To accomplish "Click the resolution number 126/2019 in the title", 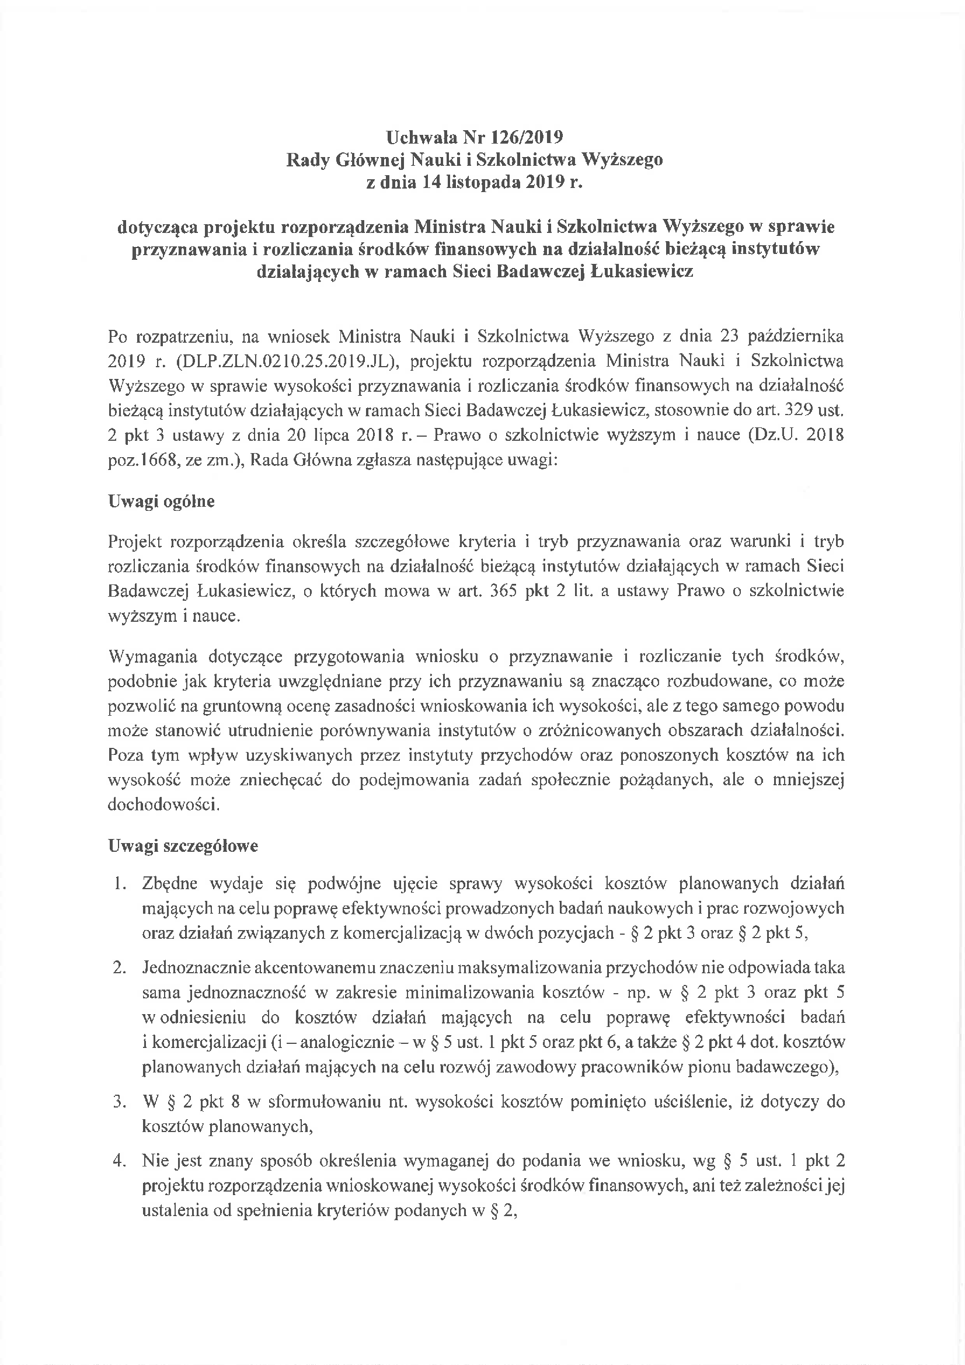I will pyautogui.click(x=526, y=137).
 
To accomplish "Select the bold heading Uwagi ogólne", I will pyautogui.click(x=161, y=501).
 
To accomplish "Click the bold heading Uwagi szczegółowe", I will pyautogui.click(x=183, y=846).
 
